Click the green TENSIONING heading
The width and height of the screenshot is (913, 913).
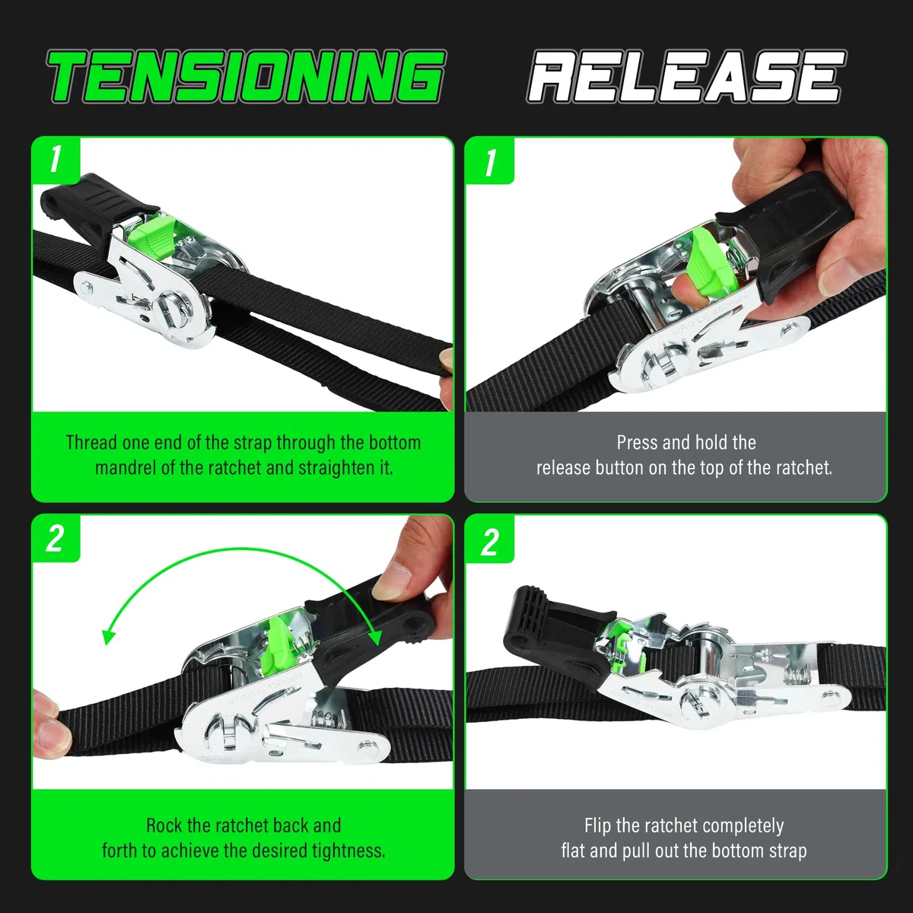[247, 77]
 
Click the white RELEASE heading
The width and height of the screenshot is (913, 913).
[686, 77]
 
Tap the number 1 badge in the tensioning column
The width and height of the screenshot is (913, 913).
[56, 160]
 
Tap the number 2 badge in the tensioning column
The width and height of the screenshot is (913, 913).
[55, 539]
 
